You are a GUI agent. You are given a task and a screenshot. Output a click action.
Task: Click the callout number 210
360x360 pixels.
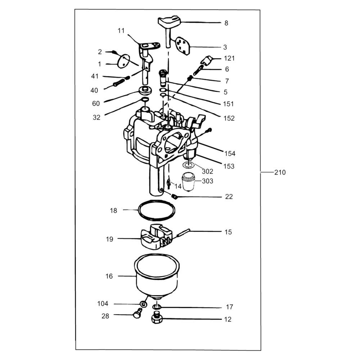pos(280,172)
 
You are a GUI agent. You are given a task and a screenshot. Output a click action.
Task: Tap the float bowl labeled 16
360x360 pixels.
pos(157,275)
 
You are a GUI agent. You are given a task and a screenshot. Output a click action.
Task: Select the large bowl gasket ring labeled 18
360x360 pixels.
pos(157,210)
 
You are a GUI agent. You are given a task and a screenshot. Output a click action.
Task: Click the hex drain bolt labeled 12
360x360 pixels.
pos(157,318)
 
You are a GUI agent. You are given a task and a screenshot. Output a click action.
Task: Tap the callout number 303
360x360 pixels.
pos(208,181)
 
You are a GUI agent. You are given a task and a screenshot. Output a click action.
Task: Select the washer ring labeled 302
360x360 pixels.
pos(189,165)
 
